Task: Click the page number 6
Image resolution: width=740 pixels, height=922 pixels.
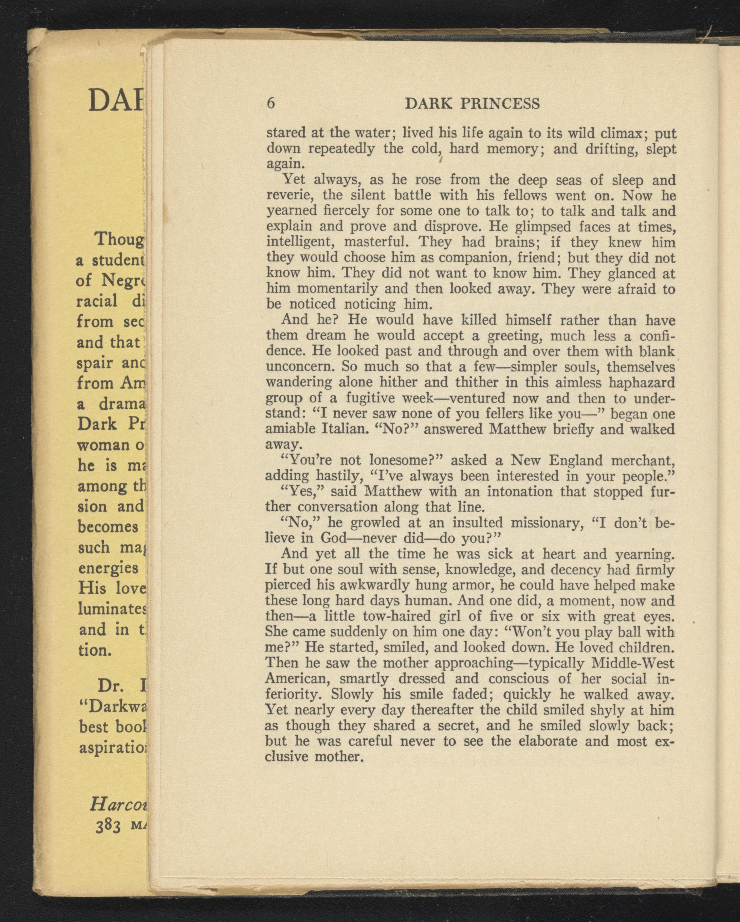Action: [x=270, y=103]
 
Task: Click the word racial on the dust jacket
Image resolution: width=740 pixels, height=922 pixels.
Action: [x=97, y=301]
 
